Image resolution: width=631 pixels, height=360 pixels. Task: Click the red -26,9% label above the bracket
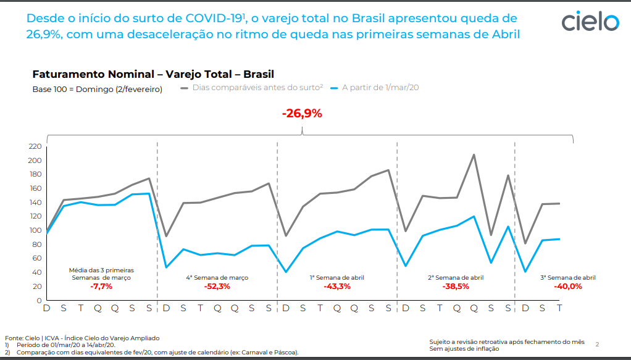(302, 114)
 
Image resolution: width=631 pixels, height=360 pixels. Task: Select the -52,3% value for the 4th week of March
(217, 287)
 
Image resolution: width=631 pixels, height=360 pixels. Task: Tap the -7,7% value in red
(101, 287)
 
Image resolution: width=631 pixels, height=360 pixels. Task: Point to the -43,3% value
(336, 287)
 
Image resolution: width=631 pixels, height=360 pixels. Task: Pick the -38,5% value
(456, 287)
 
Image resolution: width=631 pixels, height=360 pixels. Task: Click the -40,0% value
(569, 287)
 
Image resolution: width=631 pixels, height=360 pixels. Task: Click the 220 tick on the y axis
(35, 146)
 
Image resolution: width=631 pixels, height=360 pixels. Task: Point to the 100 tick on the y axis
(35, 230)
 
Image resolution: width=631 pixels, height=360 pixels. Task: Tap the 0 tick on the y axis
(38, 301)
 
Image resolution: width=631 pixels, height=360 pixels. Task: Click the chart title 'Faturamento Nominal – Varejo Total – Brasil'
(153, 74)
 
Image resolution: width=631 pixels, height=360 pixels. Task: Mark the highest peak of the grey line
(474, 154)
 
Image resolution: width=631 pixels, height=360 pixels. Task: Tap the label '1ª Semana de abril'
(336, 278)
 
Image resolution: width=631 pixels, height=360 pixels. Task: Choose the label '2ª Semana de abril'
(456, 278)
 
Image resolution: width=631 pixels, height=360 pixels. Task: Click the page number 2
(597, 343)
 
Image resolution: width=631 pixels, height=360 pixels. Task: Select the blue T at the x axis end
(559, 308)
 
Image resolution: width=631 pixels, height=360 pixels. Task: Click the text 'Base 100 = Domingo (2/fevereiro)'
(97, 89)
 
